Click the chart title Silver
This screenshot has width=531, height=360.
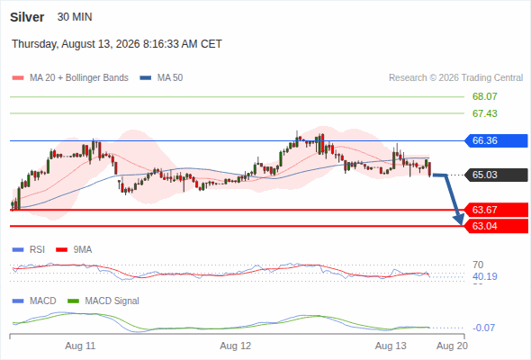(x=27, y=17)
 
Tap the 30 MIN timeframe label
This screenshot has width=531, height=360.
(x=75, y=17)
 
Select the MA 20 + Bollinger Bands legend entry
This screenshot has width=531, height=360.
(x=70, y=78)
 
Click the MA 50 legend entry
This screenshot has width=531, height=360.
(x=161, y=78)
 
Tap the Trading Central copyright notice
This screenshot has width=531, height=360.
(x=455, y=78)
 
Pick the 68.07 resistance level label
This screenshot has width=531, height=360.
(x=484, y=96)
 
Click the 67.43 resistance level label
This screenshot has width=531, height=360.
(x=484, y=113)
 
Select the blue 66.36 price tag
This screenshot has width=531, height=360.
(x=495, y=140)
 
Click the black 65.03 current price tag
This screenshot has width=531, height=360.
(x=495, y=175)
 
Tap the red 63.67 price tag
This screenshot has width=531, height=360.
(x=495, y=210)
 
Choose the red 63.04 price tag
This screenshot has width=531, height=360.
(x=495, y=226)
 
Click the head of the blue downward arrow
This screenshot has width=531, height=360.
(x=460, y=220)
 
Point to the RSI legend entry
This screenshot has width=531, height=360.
(x=29, y=249)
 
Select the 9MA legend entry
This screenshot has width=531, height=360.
(x=74, y=249)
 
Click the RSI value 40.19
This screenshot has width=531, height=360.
(x=485, y=276)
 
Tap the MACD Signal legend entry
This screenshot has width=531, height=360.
(x=103, y=301)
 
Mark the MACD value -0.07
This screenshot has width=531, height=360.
(x=483, y=328)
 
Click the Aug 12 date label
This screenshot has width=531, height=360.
(x=236, y=346)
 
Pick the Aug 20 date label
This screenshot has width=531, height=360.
(x=452, y=346)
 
